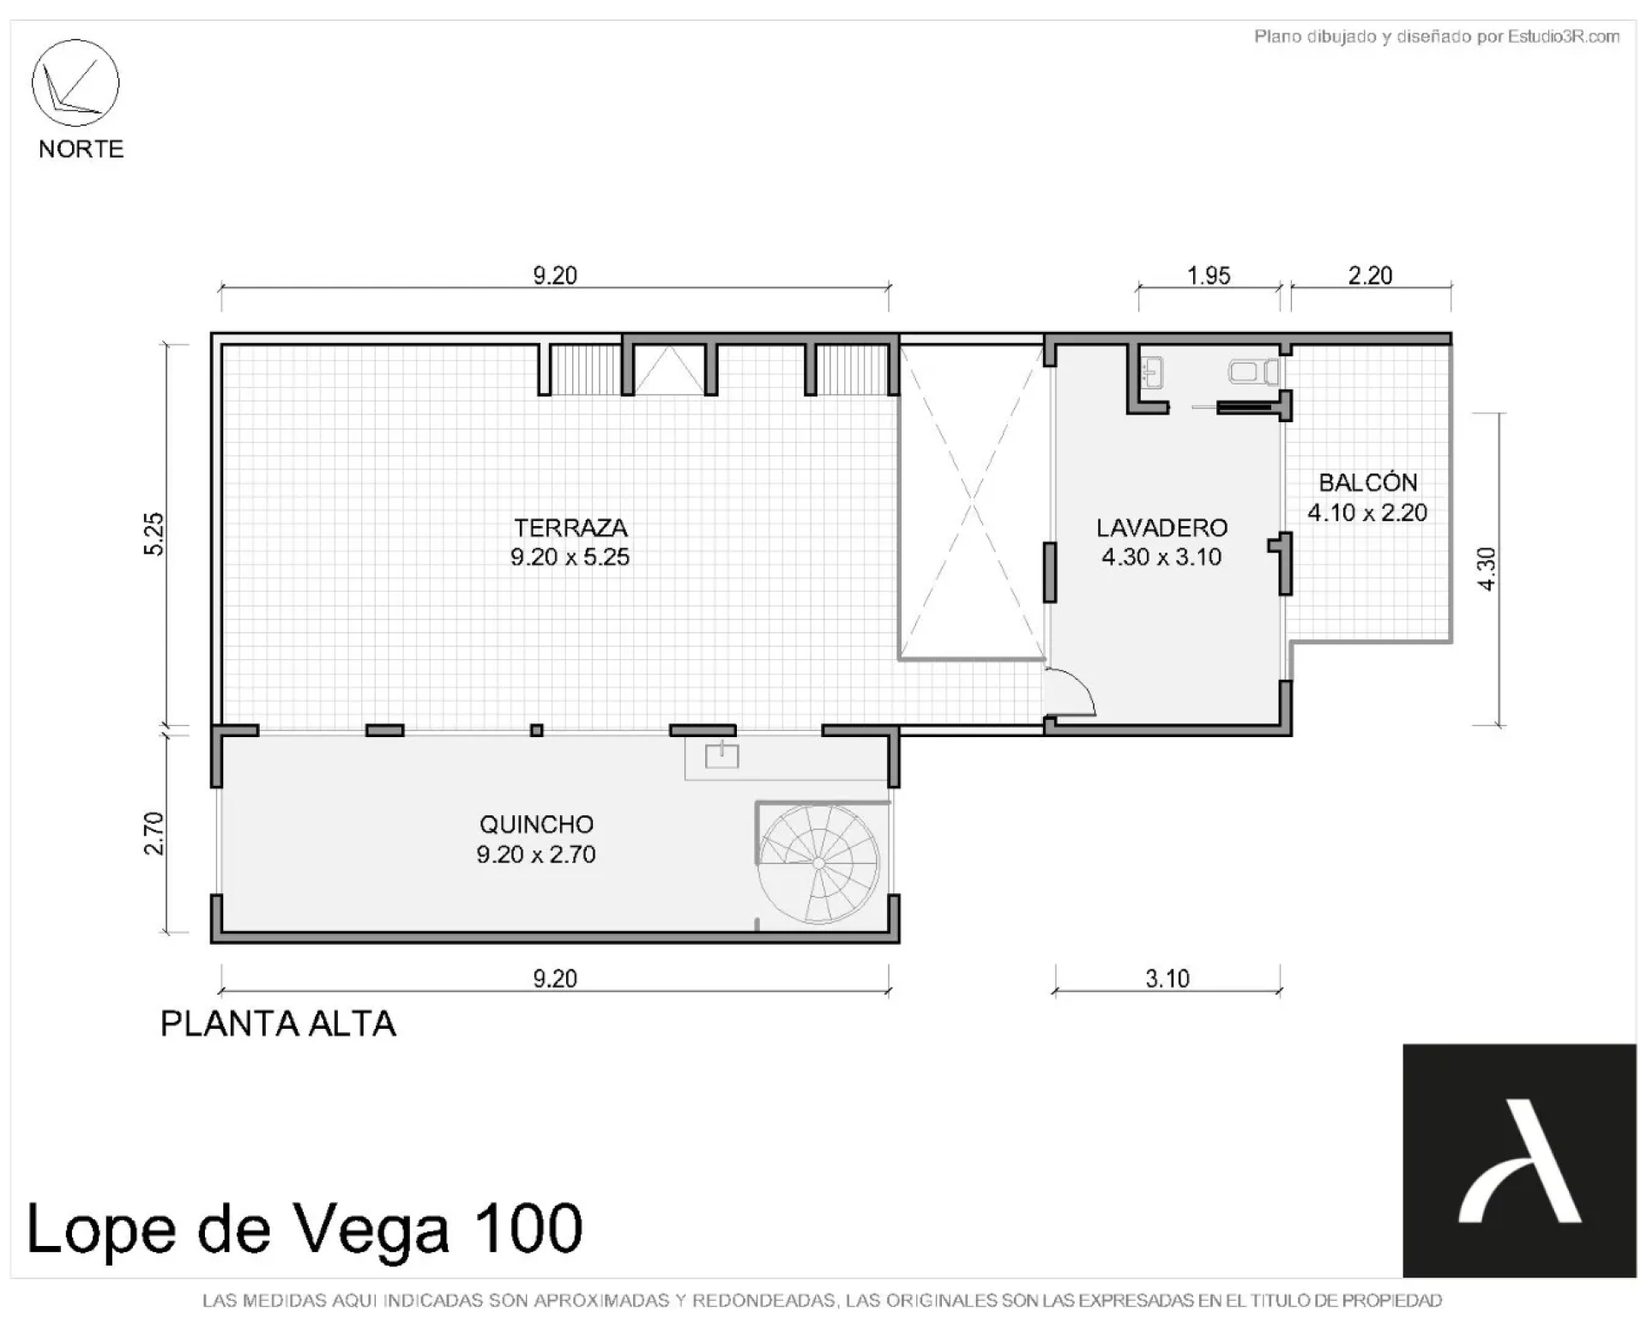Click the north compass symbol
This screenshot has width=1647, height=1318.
pyautogui.click(x=75, y=82)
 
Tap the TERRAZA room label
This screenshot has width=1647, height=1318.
pyautogui.click(x=570, y=527)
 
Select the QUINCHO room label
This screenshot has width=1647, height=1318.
pyautogui.click(x=536, y=825)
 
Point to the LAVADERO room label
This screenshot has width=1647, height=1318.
pyautogui.click(x=1162, y=527)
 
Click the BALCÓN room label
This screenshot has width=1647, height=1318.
pyautogui.click(x=1367, y=481)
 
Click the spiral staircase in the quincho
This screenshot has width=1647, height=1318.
pyautogui.click(x=819, y=862)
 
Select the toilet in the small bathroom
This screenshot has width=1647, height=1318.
pyautogui.click(x=1253, y=372)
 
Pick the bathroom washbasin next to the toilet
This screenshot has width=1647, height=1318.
pyautogui.click(x=1151, y=373)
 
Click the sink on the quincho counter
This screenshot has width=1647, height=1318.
pyautogui.click(x=721, y=755)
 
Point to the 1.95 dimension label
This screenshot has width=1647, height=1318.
pyautogui.click(x=1209, y=275)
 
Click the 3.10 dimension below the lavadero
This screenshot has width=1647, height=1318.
pyautogui.click(x=1167, y=978)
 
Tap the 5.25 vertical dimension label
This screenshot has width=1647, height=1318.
pyautogui.click(x=154, y=534)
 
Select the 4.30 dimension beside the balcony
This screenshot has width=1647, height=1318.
pyautogui.click(x=1487, y=569)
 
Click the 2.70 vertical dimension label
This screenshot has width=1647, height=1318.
pyautogui.click(x=154, y=833)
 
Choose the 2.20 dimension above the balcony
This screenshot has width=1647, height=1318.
pyautogui.click(x=1370, y=275)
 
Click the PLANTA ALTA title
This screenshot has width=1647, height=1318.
pyautogui.click(x=278, y=1024)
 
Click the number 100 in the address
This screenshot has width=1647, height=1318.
pyautogui.click(x=526, y=1229)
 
